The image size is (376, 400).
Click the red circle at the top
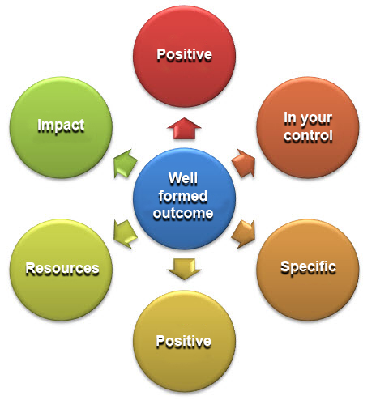click(184, 57)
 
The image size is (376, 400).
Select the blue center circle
click(184, 198)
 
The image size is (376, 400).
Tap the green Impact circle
click(61, 127)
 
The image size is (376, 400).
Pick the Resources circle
click(61, 270)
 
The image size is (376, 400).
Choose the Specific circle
click(308, 270)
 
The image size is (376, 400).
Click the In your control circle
click(308, 127)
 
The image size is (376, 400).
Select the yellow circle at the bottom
click(184, 341)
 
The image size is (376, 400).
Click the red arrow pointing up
click(184, 129)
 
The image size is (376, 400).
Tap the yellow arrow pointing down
click(184, 269)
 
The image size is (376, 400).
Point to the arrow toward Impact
click(126, 164)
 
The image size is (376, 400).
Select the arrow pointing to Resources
click(126, 234)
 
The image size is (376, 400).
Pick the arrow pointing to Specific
click(243, 234)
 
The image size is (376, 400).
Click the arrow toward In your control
click(243, 164)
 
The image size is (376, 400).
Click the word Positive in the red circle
click(185, 55)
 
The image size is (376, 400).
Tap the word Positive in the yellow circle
click(184, 341)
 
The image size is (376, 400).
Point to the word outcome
click(183, 214)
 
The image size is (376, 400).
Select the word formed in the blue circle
click(183, 196)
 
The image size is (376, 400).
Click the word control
click(308, 135)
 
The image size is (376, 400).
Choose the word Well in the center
click(183, 178)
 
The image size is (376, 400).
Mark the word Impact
click(61, 126)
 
